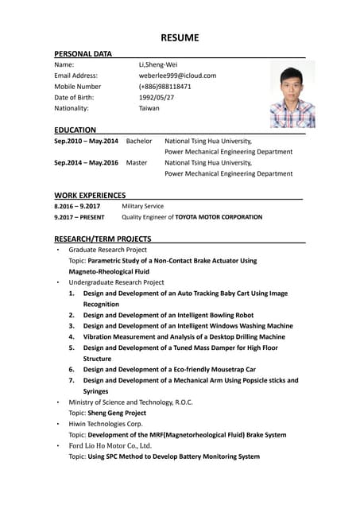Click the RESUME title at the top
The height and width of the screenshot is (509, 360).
180,37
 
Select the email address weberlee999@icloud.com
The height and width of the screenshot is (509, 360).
177,76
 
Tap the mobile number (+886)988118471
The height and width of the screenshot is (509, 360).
165,86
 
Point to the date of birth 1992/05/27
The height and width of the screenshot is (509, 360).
157,97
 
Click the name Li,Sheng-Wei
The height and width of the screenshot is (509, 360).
158,64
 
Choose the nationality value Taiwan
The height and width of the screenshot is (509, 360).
149,108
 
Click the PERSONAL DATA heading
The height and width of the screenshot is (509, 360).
83,53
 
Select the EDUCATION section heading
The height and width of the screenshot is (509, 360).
75,130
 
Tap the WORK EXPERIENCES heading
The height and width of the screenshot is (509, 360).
90,195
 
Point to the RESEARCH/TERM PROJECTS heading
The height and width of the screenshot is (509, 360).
102,239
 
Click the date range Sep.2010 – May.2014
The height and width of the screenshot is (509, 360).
86,141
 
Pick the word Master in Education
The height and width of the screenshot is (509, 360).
137,162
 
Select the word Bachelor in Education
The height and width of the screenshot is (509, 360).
139,141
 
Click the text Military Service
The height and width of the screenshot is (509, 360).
143,206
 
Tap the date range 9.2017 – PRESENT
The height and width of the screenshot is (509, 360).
79,217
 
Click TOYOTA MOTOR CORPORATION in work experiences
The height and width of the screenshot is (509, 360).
219,217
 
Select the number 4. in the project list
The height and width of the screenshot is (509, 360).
72,336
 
